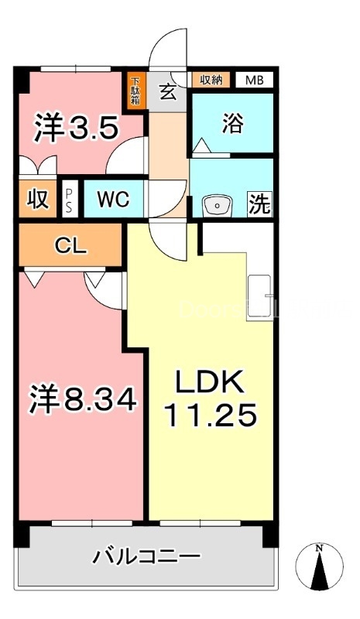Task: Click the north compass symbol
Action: [x=320, y=568]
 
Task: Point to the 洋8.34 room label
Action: [x=84, y=400]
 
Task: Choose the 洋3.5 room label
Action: [x=75, y=128]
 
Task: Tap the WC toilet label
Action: [x=113, y=200]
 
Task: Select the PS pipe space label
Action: [x=70, y=199]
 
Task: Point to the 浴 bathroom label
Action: [x=231, y=125]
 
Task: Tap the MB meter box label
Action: [x=254, y=80]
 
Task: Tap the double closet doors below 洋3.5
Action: [x=36, y=165]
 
